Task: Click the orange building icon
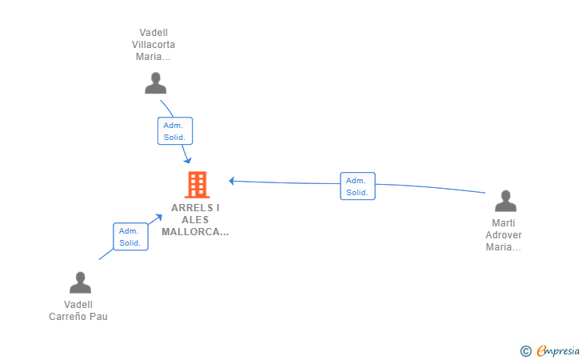pyautogui.click(x=197, y=185)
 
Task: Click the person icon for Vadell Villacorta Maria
pyautogui.click(x=156, y=83)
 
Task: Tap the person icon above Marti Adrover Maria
pyautogui.click(x=505, y=201)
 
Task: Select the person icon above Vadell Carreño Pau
pyautogui.click(x=80, y=282)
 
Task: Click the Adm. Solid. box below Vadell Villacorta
pyautogui.click(x=175, y=130)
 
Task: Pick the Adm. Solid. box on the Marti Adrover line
pyautogui.click(x=358, y=186)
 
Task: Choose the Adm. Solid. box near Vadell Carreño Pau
pyautogui.click(x=130, y=237)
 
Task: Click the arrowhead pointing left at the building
pyautogui.click(x=232, y=181)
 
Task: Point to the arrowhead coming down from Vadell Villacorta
pyautogui.click(x=188, y=160)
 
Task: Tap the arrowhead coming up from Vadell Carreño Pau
pyautogui.click(x=159, y=218)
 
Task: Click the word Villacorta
pyautogui.click(x=153, y=45)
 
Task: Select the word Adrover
pyautogui.click(x=504, y=235)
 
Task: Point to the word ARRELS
pyautogui.click(x=192, y=208)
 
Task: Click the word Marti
pyautogui.click(x=504, y=223)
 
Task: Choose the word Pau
pyautogui.click(x=98, y=317)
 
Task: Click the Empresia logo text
pyautogui.click(x=558, y=350)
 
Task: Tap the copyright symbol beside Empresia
pyautogui.click(x=525, y=351)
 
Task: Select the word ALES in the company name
pyautogui.click(x=195, y=220)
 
